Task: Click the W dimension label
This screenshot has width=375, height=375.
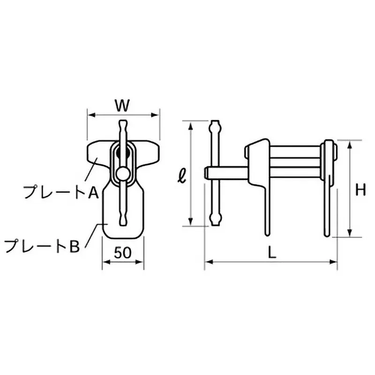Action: coord(122,106)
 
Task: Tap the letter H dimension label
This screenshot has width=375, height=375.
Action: coord(360,190)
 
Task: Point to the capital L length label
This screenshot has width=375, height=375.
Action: coord(271,252)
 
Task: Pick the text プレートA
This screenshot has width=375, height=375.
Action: coord(60,191)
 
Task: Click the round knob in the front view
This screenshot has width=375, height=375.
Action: coord(123,173)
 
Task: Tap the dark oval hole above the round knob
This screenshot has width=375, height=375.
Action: coord(124,153)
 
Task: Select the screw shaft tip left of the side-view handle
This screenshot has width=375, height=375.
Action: coord(206,172)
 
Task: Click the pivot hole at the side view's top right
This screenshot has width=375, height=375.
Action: coord(334,151)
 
